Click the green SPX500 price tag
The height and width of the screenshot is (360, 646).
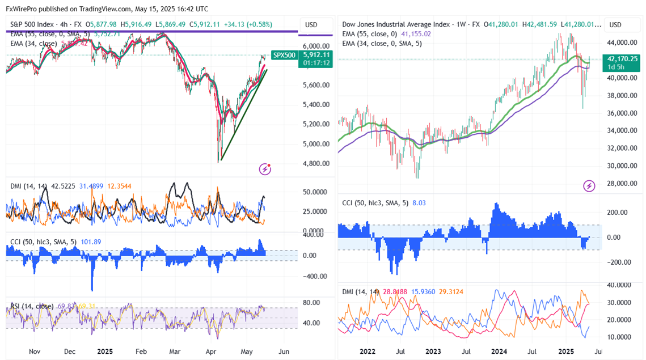tap(284, 55)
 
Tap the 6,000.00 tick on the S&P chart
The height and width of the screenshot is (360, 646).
tap(315, 46)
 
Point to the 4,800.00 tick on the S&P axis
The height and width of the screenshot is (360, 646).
tap(315, 164)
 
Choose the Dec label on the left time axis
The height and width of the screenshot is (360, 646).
tap(70, 351)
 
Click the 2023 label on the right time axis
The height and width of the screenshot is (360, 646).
tap(433, 351)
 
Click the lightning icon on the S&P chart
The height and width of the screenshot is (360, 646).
tap(265, 168)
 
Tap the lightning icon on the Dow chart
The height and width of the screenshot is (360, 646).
tap(589, 185)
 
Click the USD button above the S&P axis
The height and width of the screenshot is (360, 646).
tap(311, 25)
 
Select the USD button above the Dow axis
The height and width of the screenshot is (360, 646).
tap(615, 25)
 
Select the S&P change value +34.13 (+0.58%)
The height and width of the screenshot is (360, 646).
tap(248, 24)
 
